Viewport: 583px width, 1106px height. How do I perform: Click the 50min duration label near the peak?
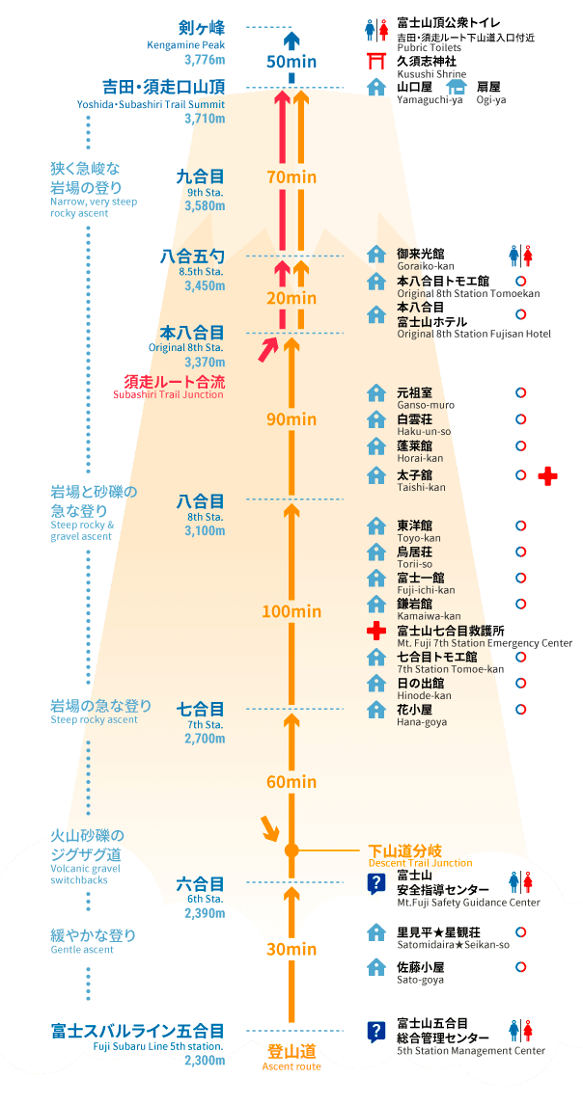click(291, 61)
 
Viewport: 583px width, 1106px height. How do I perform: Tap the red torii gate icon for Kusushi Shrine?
click(376, 62)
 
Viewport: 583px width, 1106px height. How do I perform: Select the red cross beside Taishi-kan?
click(547, 476)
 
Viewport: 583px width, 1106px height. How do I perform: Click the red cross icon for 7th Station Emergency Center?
click(376, 631)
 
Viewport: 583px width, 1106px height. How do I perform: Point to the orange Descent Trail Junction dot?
click(291, 850)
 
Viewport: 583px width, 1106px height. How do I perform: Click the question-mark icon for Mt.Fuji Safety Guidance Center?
click(376, 882)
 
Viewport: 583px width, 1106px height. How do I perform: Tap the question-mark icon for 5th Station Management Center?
click(376, 1031)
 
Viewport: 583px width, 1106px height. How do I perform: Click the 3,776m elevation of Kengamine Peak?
click(205, 59)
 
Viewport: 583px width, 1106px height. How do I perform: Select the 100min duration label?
click(291, 611)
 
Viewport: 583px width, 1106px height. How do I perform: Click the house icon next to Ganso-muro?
click(376, 393)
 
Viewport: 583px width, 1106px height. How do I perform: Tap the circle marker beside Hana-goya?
click(521, 709)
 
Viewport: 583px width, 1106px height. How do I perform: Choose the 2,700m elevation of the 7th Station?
click(205, 739)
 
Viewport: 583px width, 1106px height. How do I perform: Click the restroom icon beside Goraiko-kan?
click(520, 256)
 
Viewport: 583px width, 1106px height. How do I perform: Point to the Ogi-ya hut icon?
click(457, 87)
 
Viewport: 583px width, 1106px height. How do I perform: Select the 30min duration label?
click(291, 950)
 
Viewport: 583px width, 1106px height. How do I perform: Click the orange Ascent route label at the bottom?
click(291, 1058)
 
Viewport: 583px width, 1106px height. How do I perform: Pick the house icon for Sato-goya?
click(376, 966)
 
